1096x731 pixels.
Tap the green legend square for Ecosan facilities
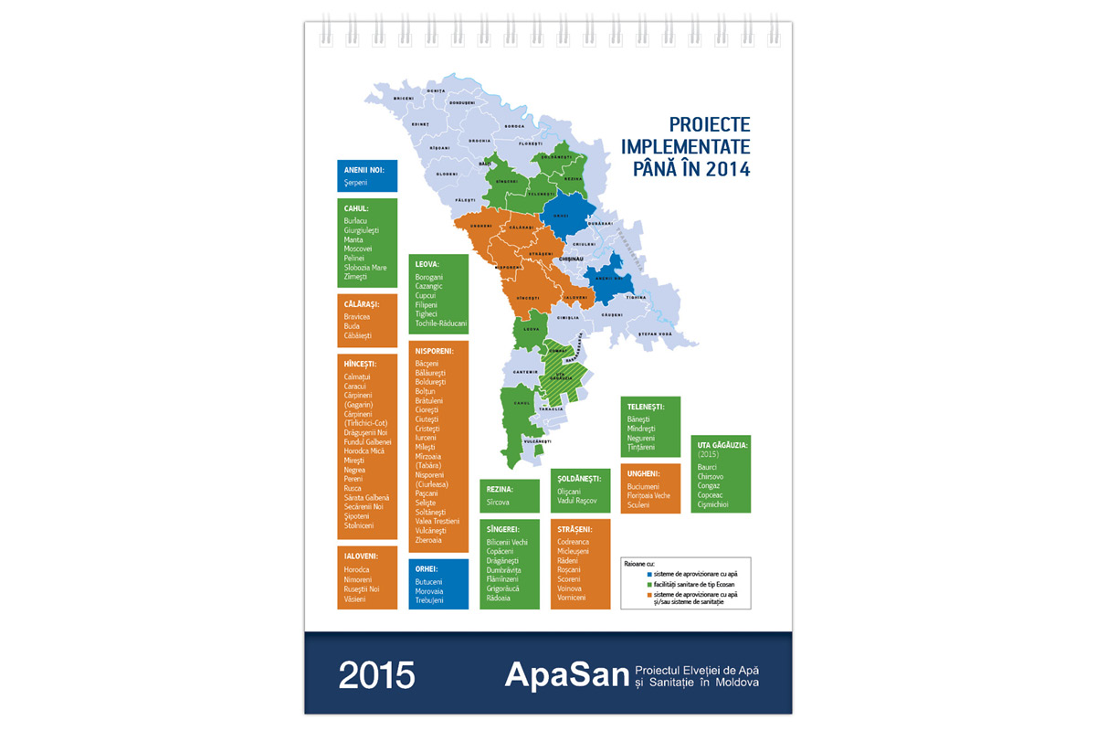click(x=627, y=584)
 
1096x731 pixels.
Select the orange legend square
click(x=627, y=594)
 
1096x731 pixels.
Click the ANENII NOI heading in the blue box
click(x=364, y=170)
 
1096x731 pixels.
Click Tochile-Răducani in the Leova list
click(x=441, y=323)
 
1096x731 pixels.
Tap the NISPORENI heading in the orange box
click(x=436, y=350)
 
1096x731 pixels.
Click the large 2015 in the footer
click(x=376, y=674)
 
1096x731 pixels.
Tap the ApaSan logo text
click(x=565, y=674)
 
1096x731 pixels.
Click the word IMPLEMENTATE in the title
click(x=685, y=147)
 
